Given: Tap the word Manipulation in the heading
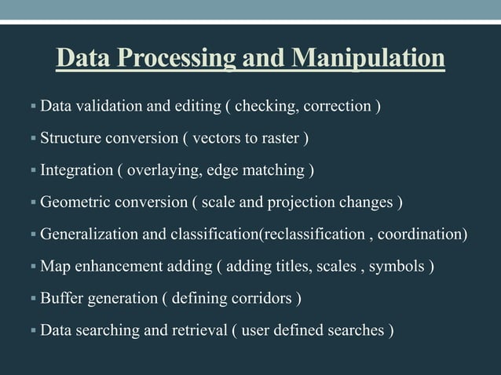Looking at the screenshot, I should pyautogui.click(x=368, y=59).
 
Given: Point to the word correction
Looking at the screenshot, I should pyautogui.click(x=339, y=106).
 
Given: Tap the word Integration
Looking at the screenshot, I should pyautogui.click(x=75, y=171).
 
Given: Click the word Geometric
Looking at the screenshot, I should pyautogui.click(x=74, y=204).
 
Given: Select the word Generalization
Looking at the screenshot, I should pyautogui.click(x=90, y=235).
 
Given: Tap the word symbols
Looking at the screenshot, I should pyautogui.click(x=397, y=267).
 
